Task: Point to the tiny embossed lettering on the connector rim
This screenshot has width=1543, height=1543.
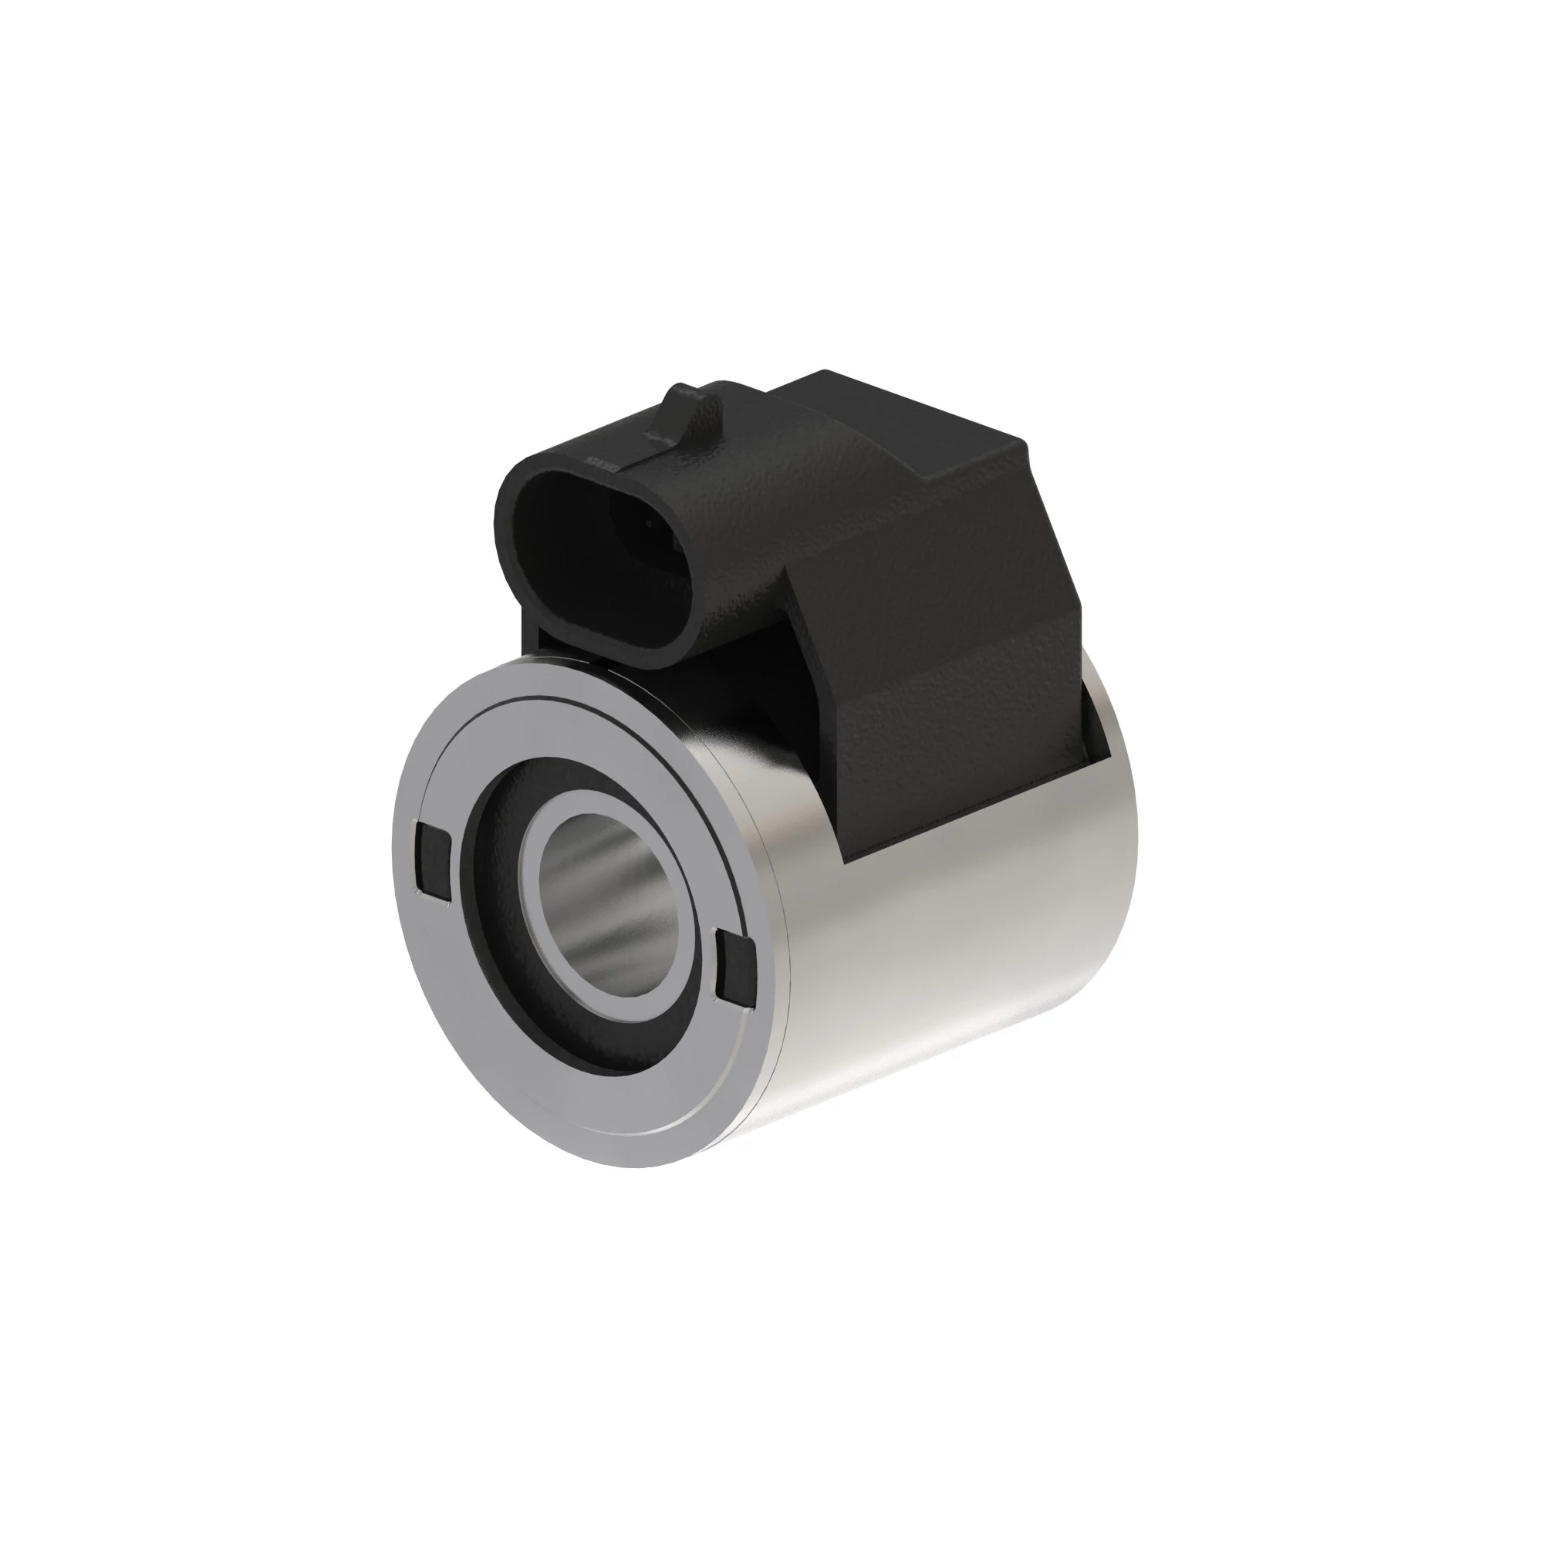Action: (599, 461)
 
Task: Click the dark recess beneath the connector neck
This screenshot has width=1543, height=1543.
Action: (719, 687)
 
